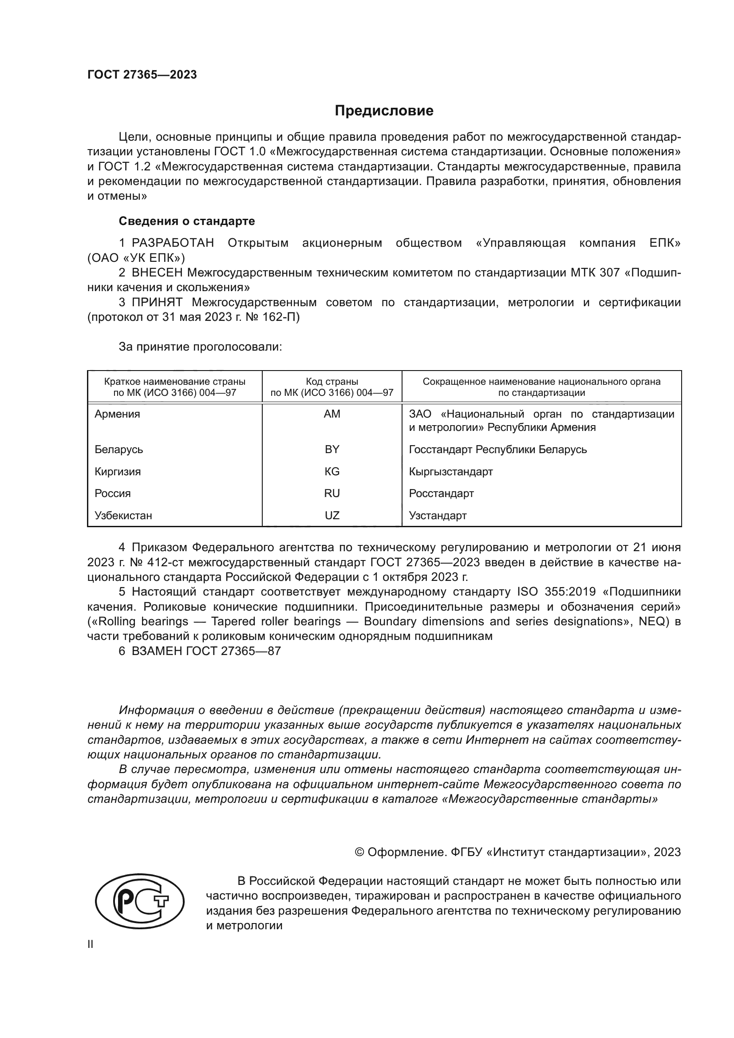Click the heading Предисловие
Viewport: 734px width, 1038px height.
pyautogui.click(x=384, y=111)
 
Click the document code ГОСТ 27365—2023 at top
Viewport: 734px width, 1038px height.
pyautogui.click(x=142, y=75)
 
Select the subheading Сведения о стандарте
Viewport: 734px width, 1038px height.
pyautogui.click(x=187, y=221)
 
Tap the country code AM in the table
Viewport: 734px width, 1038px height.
pyautogui.click(x=332, y=414)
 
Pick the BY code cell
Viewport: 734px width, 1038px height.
pyautogui.click(x=332, y=450)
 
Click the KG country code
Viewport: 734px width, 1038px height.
pyautogui.click(x=332, y=472)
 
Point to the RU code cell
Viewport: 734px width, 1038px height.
pyautogui.click(x=332, y=493)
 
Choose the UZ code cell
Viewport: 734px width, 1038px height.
pyautogui.click(x=332, y=515)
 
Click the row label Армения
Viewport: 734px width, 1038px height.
pyautogui.click(x=117, y=414)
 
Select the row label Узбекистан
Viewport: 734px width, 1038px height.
pyautogui.click(x=123, y=515)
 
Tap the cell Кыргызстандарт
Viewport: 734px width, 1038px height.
pyautogui.click(x=450, y=472)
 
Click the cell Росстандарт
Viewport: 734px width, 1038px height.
pyautogui.click(x=441, y=493)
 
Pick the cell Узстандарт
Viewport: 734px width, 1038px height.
pyautogui.click(x=438, y=515)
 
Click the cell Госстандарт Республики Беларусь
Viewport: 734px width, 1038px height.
pyautogui.click(x=497, y=450)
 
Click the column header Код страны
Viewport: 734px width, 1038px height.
pyautogui.click(x=332, y=381)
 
